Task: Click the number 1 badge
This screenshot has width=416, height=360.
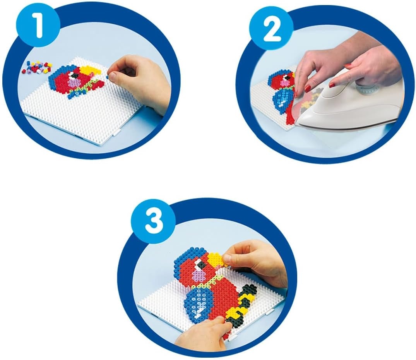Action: (x=39, y=26)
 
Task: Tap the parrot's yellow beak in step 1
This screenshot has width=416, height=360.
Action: (x=90, y=70)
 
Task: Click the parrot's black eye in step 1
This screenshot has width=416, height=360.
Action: (x=75, y=76)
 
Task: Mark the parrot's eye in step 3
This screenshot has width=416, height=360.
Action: (x=202, y=264)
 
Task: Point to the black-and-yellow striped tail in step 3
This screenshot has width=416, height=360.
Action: (x=240, y=305)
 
